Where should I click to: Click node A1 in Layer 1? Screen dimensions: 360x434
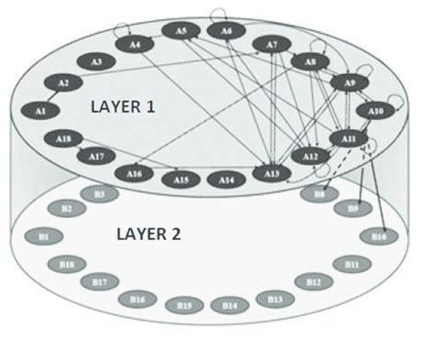pyautogui.click(x=40, y=110)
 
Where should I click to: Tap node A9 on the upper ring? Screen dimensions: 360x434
pyautogui.click(x=349, y=84)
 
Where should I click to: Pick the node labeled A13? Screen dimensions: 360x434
pyautogui.click(x=271, y=172)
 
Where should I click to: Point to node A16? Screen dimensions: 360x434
pyautogui.click(x=135, y=173)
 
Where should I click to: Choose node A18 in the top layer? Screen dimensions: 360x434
pyautogui.click(x=63, y=138)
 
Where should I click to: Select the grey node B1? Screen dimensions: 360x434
pyautogui.click(x=43, y=236)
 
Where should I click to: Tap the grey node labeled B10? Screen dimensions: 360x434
pyautogui.click(x=379, y=236)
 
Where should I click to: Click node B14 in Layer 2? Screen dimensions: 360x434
pyautogui.click(x=229, y=304)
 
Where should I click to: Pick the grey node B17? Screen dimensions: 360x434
pyautogui.click(x=98, y=281)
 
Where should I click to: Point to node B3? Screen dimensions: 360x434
pyautogui.click(x=99, y=194)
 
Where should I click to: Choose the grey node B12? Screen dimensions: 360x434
pyautogui.click(x=313, y=281)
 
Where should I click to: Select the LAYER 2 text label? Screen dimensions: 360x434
pyautogui.click(x=148, y=234)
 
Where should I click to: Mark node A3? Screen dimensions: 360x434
pyautogui.click(x=96, y=61)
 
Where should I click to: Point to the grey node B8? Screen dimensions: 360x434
pyautogui.click(x=320, y=194)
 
